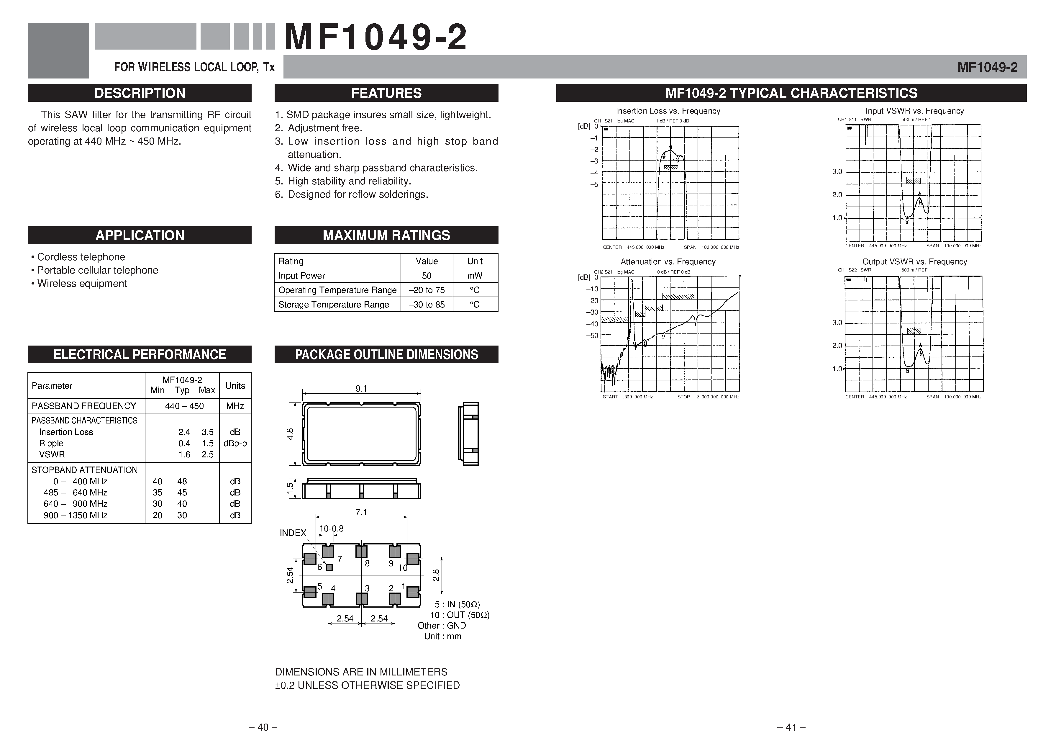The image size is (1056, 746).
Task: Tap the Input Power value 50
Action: coord(426,276)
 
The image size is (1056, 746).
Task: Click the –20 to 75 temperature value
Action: coord(426,290)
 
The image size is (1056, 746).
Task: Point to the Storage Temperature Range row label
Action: coord(333,305)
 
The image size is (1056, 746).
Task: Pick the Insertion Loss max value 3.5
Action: coord(207,432)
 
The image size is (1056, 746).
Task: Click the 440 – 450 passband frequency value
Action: coord(184,406)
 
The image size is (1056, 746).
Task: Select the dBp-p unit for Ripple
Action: coord(235,444)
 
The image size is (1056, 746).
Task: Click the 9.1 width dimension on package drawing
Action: coord(361,389)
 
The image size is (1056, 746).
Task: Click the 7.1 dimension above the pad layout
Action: coord(361,512)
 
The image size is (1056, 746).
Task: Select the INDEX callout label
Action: coord(293,533)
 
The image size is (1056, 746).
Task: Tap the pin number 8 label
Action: coord(367,563)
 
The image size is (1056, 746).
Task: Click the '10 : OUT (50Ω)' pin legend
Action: coord(460,615)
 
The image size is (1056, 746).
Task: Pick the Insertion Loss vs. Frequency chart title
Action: coord(668,111)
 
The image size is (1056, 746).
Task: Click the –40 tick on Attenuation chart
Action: coord(592,324)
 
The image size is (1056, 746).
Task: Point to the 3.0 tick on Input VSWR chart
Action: coord(837,172)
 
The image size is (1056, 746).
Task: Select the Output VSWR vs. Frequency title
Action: coord(914,262)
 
